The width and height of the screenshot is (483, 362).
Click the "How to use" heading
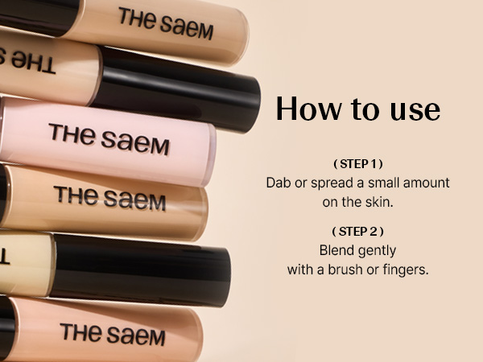tap(358, 109)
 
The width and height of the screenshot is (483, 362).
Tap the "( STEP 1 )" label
tap(358, 164)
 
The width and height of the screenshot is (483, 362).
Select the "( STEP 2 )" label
tap(358, 232)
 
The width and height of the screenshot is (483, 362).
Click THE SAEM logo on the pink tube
tap(109, 139)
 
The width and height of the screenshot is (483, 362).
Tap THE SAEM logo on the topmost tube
tap(166, 23)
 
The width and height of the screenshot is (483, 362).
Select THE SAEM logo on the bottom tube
tap(113, 335)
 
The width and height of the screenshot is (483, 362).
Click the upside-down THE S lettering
tap(27, 61)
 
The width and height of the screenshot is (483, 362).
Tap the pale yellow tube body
tap(27, 264)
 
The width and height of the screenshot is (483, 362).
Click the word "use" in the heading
tap(415, 111)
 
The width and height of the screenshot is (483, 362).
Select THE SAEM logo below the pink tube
tap(109, 198)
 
